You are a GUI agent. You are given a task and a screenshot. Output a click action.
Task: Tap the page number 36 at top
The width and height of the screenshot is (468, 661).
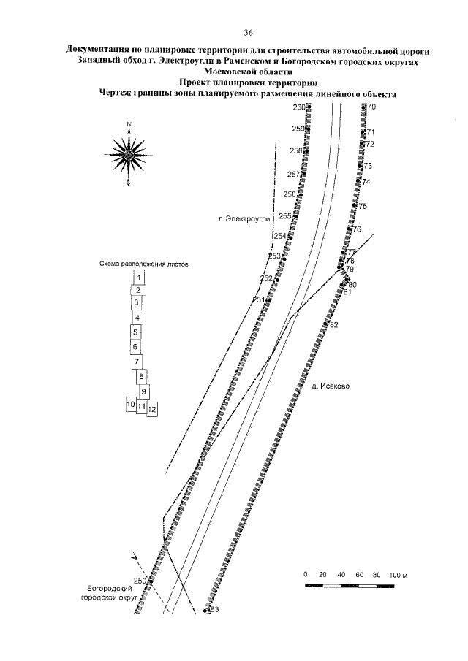click(x=248, y=32)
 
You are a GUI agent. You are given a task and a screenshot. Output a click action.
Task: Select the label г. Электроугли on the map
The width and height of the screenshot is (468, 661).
click(x=244, y=218)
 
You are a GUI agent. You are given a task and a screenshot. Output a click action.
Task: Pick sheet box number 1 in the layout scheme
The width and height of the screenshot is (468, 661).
click(x=139, y=277)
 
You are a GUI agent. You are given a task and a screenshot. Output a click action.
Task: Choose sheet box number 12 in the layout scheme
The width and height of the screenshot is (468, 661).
click(x=152, y=410)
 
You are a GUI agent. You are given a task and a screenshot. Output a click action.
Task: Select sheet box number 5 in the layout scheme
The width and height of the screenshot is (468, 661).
click(x=135, y=332)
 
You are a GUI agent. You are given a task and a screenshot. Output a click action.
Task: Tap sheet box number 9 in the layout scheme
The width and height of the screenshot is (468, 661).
click(x=144, y=391)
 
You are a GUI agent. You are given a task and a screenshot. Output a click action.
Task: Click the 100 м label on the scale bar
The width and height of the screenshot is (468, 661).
click(x=397, y=575)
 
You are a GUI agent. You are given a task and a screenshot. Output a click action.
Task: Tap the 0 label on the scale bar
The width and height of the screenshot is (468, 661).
click(x=306, y=575)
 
